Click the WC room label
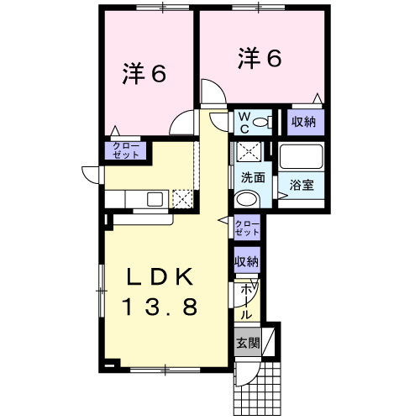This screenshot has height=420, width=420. (x=244, y=123)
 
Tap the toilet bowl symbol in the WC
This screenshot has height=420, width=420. (x=263, y=122)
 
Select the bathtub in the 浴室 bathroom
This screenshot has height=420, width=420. (x=301, y=156)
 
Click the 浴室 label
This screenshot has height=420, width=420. (x=302, y=185)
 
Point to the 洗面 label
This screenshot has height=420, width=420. (x=253, y=177)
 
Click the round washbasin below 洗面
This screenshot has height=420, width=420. (x=247, y=199)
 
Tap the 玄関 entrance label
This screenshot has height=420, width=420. (x=248, y=343)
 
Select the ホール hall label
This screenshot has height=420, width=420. (x=246, y=302)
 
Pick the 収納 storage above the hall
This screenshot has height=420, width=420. (x=247, y=261)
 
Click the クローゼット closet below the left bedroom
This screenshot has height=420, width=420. (x=125, y=150)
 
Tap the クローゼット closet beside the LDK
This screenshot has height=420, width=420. (x=247, y=228)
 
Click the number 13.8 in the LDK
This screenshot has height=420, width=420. (x=160, y=307)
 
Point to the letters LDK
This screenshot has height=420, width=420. (x=160, y=276)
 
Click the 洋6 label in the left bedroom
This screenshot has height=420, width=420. (x=144, y=75)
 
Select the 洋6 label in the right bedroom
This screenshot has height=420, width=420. (x=260, y=59)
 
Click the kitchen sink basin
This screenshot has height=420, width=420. (x=155, y=199)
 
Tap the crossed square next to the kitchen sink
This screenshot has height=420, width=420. (x=182, y=199)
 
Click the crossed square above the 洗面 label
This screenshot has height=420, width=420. (x=249, y=152)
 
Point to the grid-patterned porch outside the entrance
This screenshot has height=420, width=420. (x=257, y=389)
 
